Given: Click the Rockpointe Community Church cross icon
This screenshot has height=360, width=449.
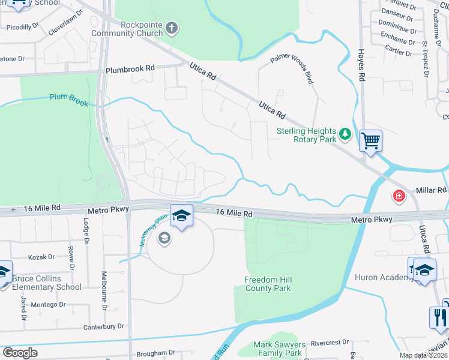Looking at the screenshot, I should tap(172, 28).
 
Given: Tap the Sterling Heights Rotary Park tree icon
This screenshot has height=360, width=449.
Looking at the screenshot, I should tap(345, 133).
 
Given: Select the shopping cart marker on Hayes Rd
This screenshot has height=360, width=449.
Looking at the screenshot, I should tap(370, 142).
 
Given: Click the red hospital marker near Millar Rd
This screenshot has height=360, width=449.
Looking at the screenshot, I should tap(399, 196).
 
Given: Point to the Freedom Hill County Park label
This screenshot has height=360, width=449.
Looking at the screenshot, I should tap(268, 284).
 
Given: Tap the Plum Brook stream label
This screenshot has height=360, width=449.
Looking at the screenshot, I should tap(68, 100).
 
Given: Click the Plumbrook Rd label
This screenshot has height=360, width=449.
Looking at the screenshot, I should tap(130, 69).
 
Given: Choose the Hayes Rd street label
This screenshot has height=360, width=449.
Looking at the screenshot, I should tap(362, 66).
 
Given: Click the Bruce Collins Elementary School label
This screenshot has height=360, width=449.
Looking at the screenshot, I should tap(47, 283).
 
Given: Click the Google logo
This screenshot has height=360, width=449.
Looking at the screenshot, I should tap(20, 353).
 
